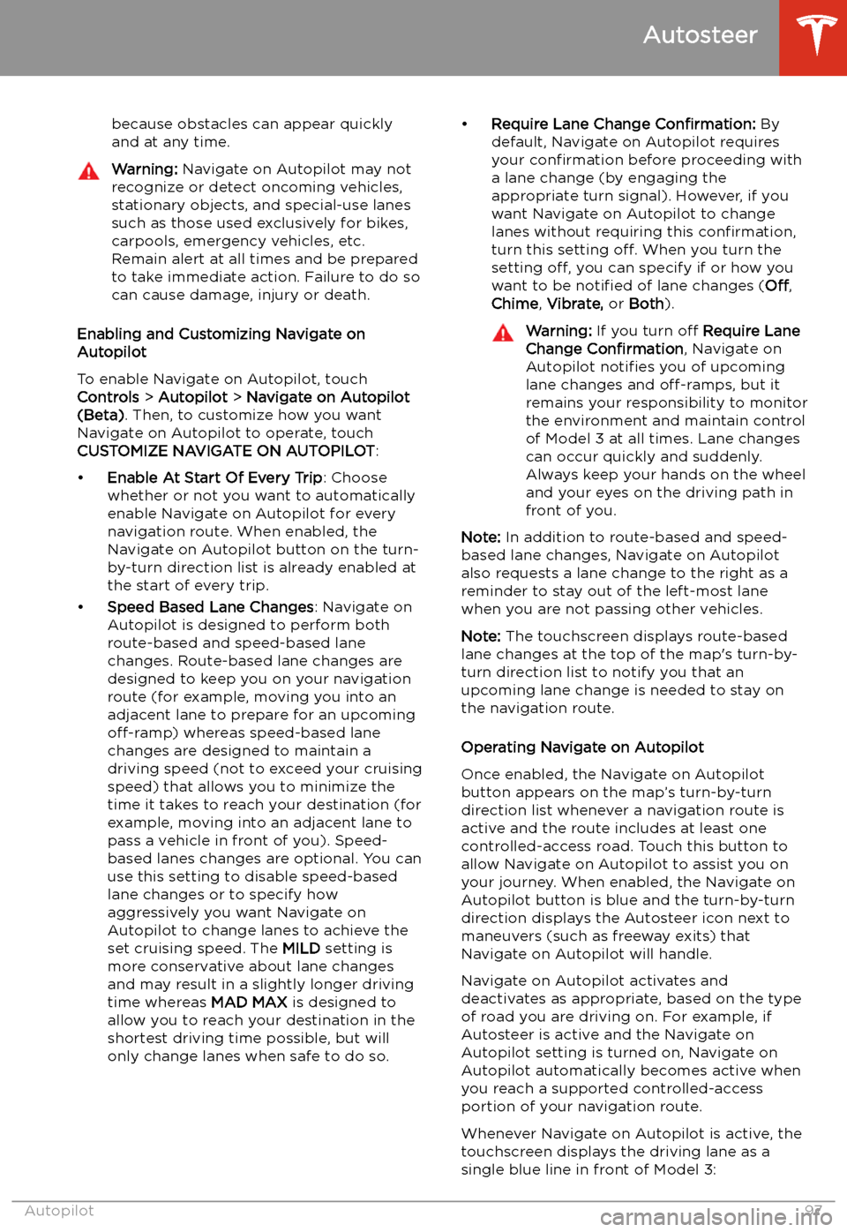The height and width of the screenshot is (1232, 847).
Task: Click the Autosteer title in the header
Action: click(700, 35)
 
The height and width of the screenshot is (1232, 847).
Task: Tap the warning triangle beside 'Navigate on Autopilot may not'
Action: click(89, 171)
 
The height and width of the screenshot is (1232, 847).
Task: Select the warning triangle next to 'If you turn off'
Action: click(503, 333)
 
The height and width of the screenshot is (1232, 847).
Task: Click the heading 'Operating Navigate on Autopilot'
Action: click(582, 747)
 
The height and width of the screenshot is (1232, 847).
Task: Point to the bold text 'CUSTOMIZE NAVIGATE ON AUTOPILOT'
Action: click(226, 451)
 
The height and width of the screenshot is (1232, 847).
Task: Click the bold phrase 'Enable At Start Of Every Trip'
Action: click(214, 477)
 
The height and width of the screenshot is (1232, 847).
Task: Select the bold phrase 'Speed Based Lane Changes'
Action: click(210, 607)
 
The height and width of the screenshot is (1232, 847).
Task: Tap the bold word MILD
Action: click(301, 949)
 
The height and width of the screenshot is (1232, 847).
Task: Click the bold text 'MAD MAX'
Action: click(249, 1003)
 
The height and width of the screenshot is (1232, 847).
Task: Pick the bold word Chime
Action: click(514, 304)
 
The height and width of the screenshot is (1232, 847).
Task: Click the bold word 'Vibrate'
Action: click(574, 304)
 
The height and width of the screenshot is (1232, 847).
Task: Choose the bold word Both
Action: click(646, 304)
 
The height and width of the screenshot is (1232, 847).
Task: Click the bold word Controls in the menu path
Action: click(108, 397)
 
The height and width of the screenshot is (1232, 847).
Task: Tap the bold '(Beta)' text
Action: click(101, 415)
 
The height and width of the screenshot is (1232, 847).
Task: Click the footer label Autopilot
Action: click(59, 1211)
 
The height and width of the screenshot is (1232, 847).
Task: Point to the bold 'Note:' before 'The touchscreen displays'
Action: click(481, 636)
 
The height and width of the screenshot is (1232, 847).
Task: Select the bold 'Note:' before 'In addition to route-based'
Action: click(481, 537)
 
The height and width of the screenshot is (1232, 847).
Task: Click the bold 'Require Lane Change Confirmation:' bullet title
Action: click(623, 124)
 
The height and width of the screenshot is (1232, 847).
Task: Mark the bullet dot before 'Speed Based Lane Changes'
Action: click(81, 607)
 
